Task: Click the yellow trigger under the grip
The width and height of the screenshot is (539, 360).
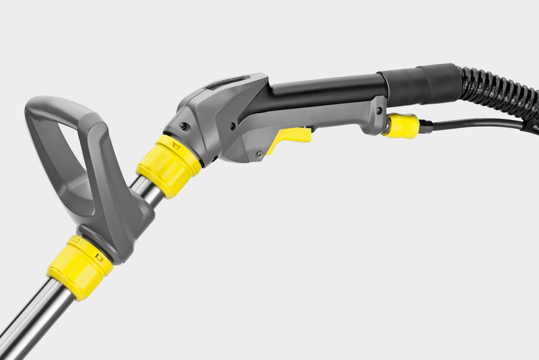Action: coord(291,136)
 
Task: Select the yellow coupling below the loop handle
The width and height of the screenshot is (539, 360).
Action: coord(80,266)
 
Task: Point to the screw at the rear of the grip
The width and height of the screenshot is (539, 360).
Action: coord(379,110)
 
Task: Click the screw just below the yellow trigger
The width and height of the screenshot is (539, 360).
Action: coord(259,155)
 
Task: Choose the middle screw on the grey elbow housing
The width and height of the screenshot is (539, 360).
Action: coord(232,125)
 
